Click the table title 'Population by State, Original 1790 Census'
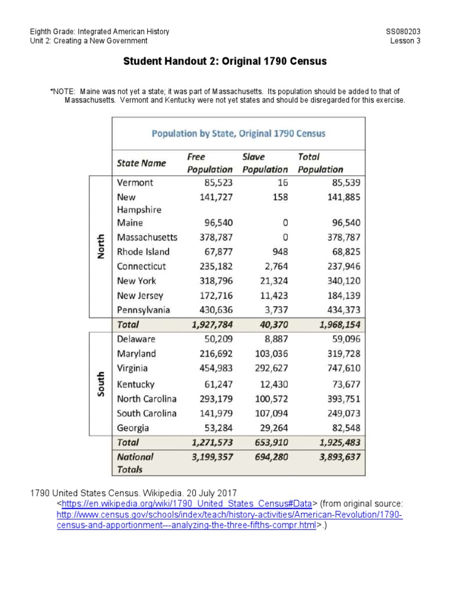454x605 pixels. [x=238, y=134]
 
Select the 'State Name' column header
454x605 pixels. [x=141, y=163]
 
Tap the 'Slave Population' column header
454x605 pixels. [x=265, y=163]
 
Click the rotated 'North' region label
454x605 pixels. [x=101, y=246]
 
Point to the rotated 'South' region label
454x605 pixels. [x=101, y=384]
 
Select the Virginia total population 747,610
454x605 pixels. [x=339, y=368]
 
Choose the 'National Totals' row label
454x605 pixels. [x=135, y=463]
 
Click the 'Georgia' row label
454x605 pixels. [x=133, y=428]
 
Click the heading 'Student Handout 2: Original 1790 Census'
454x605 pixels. [x=225, y=61]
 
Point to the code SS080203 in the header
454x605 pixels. [x=403, y=31]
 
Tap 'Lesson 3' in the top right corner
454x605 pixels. [x=405, y=41]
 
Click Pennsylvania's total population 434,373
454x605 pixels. [x=339, y=310]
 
